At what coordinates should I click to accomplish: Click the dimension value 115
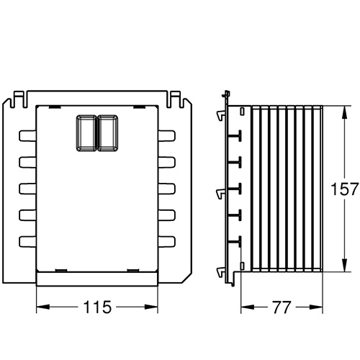coord(97,307)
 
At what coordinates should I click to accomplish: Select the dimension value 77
coord(282,307)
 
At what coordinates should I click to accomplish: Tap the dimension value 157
coord(344,189)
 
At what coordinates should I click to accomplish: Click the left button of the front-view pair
coord(86,133)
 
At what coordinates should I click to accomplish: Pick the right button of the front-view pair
coord(108,133)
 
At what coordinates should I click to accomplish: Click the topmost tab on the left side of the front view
coord(27,135)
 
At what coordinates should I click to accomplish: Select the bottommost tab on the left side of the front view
coord(27,241)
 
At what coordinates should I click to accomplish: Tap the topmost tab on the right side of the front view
coord(167,135)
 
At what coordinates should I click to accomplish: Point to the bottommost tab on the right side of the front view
coord(167,241)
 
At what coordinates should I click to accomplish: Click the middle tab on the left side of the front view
coord(27,189)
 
